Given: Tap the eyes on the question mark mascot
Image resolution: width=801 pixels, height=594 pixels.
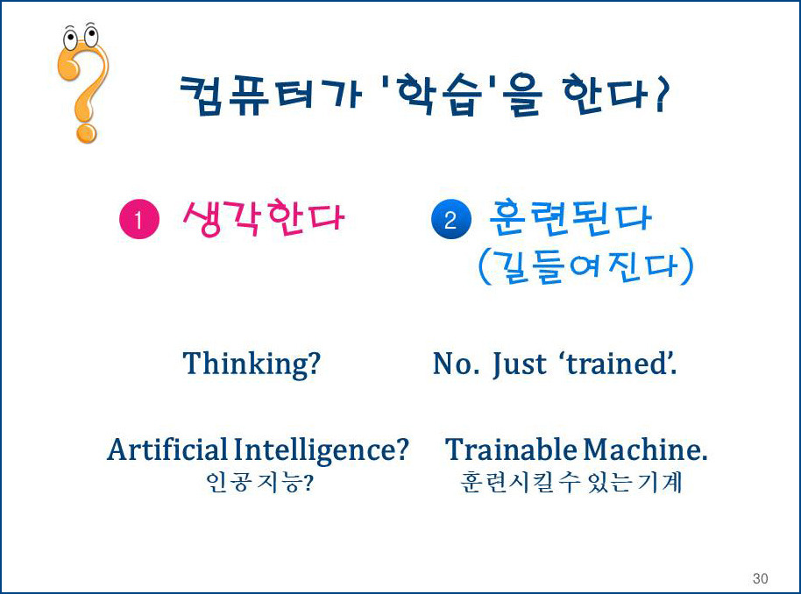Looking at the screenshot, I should tap(81, 37).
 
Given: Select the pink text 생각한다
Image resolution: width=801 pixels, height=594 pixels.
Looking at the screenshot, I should tap(264, 217).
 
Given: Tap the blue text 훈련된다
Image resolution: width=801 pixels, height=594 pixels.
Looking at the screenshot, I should tap(570, 217).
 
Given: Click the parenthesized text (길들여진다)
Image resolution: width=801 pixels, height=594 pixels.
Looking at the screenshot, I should tap(585, 265).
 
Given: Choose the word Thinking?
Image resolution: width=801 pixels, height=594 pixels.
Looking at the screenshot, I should tap(252, 363).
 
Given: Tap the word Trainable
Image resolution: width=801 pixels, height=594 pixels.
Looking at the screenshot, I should tap(512, 449).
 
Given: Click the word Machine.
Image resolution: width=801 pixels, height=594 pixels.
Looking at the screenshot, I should tap(646, 449).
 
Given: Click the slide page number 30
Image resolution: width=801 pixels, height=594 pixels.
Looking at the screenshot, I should tap(760, 578).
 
